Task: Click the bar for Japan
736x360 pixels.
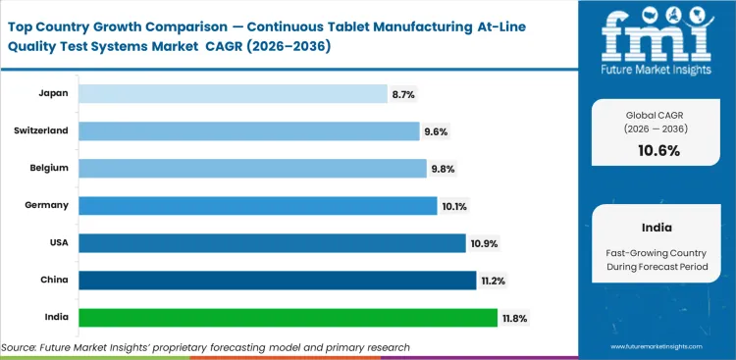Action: pyautogui.click(x=233, y=93)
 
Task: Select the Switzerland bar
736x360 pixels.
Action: pyautogui.click(x=248, y=130)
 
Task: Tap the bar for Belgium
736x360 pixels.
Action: pyautogui.click(x=252, y=168)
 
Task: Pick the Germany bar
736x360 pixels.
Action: pyautogui.click(x=257, y=205)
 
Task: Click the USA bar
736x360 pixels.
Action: pyautogui.click(x=272, y=242)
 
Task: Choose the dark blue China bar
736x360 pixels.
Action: pyautogui.click(x=277, y=280)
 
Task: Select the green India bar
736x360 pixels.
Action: pyautogui.click(x=288, y=317)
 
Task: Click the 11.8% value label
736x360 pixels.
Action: pyautogui.click(x=516, y=317)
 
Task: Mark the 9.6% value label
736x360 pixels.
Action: pyautogui.click(x=437, y=130)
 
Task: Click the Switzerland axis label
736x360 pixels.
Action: pyautogui.click(x=41, y=130)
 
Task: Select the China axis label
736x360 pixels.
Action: pyautogui.click(x=55, y=280)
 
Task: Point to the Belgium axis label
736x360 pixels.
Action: pyautogui.click(x=48, y=168)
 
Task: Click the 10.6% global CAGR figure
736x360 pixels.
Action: pyautogui.click(x=657, y=150)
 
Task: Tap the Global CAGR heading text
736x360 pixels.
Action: pyautogui.click(x=657, y=116)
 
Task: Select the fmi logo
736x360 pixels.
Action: pyautogui.click(x=657, y=39)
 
